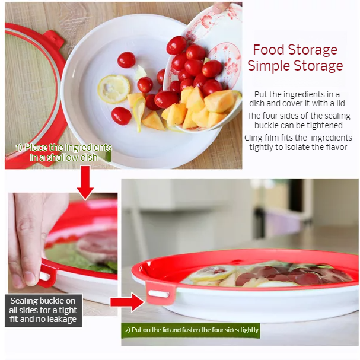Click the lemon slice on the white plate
[113, 89]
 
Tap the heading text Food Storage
[295, 50]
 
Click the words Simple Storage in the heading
[295, 66]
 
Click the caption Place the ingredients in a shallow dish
[64, 152]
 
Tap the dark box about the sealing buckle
[43, 310]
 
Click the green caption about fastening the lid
[191, 330]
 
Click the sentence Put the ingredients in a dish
[297, 98]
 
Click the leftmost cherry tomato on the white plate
[121, 115]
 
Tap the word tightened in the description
[324, 125]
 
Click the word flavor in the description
[334, 147]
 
